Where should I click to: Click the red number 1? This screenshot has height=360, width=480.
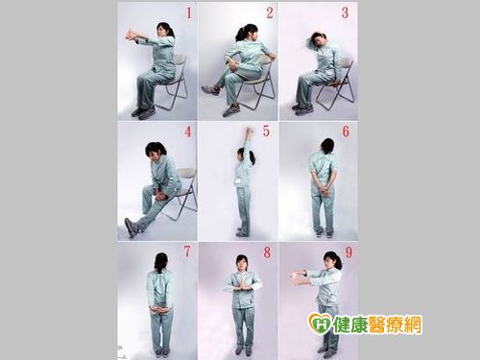[189, 13]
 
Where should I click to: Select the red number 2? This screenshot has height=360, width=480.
[270, 13]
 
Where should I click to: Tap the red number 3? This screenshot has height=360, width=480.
[345, 13]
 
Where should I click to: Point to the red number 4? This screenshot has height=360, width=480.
[188, 132]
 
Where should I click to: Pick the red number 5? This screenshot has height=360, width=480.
[266, 132]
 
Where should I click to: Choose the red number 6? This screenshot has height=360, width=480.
[346, 132]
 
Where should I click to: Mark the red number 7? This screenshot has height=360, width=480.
[187, 252]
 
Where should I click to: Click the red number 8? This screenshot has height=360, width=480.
[267, 252]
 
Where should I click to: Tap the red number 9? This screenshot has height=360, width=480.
[348, 252]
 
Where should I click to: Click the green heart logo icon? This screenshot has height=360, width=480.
[320, 324]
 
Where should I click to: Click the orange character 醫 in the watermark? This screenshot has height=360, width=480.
[378, 324]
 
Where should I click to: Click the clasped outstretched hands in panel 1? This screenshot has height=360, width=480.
[132, 36]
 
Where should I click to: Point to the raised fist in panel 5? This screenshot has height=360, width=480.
[250, 131]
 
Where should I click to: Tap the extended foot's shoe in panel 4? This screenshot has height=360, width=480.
[132, 228]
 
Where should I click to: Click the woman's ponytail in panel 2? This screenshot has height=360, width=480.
[241, 34]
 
